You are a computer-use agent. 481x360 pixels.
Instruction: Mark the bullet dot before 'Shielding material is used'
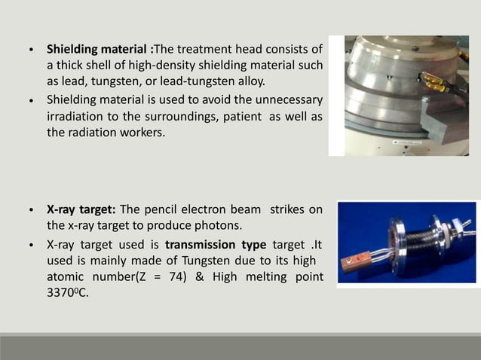point(30,100)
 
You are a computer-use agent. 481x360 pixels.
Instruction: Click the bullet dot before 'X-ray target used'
point(30,246)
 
